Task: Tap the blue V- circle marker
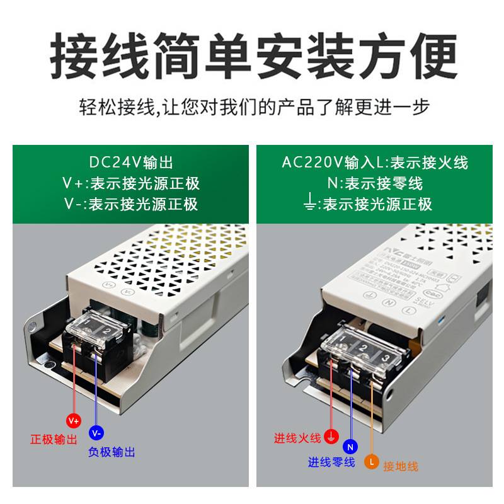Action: pyautogui.click(x=96, y=433)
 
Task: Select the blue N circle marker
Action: pyautogui.click(x=351, y=447)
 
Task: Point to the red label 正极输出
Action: pyautogui.click(x=54, y=439)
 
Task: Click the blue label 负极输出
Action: pyautogui.click(x=112, y=452)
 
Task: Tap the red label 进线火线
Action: pyautogui.click(x=297, y=438)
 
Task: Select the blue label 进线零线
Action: pyautogui.click(x=331, y=462)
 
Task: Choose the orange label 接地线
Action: pyautogui.click(x=401, y=466)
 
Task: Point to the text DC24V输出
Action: pyautogui.click(x=130, y=163)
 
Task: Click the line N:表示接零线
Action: pyautogui.click(x=374, y=183)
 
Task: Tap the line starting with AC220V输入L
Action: pyautogui.click(x=374, y=163)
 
